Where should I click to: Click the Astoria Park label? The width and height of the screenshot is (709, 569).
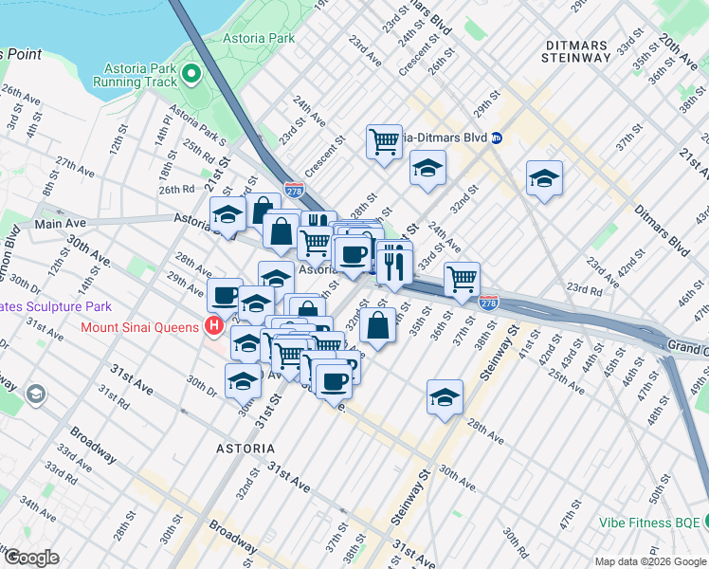(x=258, y=39)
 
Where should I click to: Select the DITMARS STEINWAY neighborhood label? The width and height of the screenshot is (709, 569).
(x=576, y=51)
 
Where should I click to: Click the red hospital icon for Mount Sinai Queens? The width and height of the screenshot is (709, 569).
(x=214, y=327)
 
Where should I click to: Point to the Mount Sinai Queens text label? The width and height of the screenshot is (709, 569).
(x=141, y=327)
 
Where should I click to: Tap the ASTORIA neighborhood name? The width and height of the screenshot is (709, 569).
(x=244, y=447)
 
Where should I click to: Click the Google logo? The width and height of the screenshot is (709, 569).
(x=30, y=557)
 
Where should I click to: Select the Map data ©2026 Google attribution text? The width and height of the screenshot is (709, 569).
(x=648, y=561)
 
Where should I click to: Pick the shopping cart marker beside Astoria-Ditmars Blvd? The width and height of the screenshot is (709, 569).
(x=384, y=142)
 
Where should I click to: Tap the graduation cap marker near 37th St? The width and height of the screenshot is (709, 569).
(x=545, y=177)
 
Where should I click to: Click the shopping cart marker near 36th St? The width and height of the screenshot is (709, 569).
(x=462, y=279)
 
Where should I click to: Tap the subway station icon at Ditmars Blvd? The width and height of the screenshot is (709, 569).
(x=497, y=138)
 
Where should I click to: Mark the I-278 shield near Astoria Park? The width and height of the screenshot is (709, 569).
(x=295, y=190)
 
